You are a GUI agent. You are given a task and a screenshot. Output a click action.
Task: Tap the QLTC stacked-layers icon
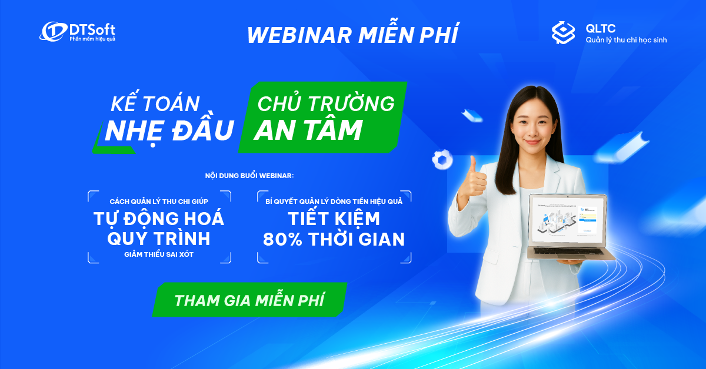click(x=563, y=33)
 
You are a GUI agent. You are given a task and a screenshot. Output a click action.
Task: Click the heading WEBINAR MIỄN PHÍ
click(x=352, y=35)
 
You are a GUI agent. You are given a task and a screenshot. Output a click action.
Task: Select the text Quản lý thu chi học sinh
click(x=626, y=40)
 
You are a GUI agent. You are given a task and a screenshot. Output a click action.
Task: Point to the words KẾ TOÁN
click(x=155, y=104)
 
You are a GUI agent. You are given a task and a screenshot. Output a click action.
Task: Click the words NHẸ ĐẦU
click(x=169, y=130)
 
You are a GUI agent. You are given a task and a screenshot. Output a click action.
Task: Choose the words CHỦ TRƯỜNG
click(x=326, y=103)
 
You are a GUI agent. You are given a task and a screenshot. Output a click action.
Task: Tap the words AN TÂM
click(x=308, y=130)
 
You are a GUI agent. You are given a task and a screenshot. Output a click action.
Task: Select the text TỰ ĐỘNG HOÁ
click(x=159, y=219)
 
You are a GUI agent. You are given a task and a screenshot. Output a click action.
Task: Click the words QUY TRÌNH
click(x=159, y=239)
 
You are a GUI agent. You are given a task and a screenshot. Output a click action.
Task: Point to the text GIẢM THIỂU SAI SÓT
click(x=159, y=254)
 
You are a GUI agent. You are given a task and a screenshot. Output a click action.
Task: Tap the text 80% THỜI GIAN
click(x=334, y=239)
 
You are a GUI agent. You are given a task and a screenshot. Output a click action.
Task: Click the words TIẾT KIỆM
click(x=334, y=219)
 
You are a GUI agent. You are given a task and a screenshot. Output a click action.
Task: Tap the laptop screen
click(x=567, y=220)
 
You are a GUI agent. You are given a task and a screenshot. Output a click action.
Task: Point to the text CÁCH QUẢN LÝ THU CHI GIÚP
click(x=159, y=202)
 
